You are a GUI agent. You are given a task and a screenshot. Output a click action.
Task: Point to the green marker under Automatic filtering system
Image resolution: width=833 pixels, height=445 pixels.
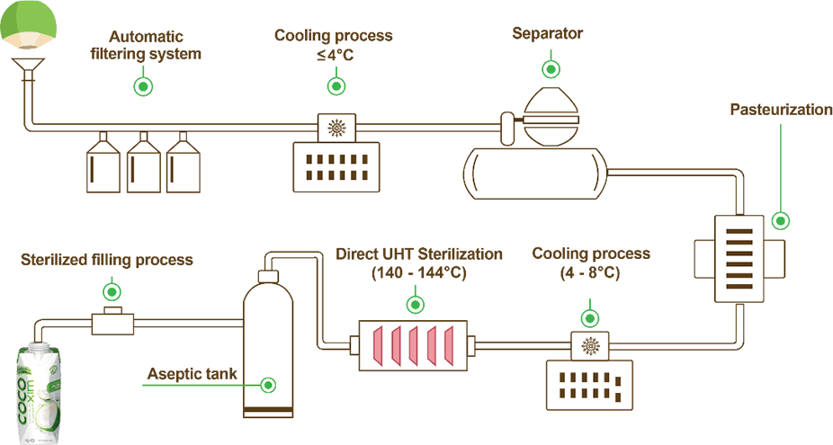142,86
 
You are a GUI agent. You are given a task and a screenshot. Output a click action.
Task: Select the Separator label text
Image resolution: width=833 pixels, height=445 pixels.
547,35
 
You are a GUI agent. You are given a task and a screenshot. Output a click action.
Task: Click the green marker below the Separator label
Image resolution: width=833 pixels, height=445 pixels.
548,68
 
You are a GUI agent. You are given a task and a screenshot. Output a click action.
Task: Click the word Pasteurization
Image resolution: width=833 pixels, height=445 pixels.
780,110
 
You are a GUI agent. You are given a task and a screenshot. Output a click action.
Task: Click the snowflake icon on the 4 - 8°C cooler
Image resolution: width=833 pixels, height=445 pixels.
591,345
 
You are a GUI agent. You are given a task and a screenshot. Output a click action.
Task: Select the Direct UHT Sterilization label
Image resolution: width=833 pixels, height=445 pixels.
419,263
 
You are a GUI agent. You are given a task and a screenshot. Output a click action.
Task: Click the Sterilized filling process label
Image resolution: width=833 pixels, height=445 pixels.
106,260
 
